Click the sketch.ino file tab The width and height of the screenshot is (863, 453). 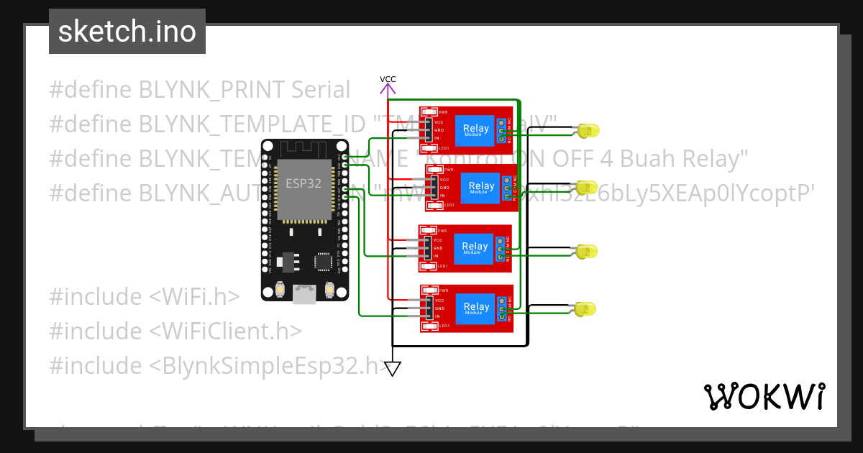[x=127, y=32]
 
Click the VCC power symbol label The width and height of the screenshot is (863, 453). [x=388, y=79]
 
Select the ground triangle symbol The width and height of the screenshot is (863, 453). [x=392, y=369]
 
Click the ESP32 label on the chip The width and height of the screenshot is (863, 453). [x=303, y=183]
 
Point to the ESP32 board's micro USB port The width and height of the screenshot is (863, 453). [x=304, y=293]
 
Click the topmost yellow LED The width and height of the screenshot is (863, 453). [x=588, y=131]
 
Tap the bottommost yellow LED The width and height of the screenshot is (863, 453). [x=586, y=309]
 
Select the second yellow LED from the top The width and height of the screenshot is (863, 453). [x=587, y=188]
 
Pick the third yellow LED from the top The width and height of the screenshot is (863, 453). [x=587, y=252]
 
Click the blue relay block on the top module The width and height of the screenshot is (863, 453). [x=475, y=130]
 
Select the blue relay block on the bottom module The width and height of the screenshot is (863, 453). [x=475, y=308]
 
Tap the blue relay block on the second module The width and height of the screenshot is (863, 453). [x=481, y=187]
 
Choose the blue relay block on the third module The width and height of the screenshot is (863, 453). [x=475, y=248]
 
